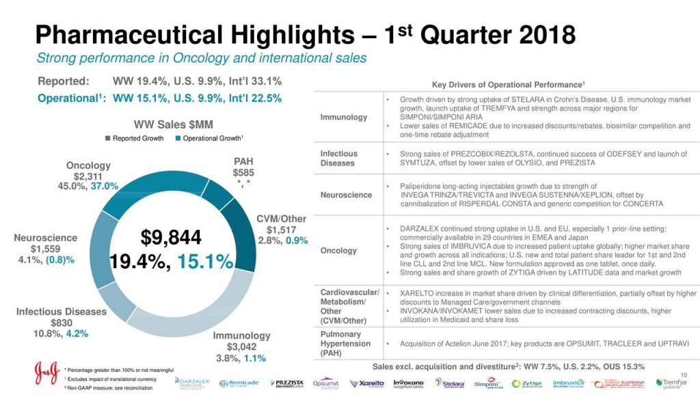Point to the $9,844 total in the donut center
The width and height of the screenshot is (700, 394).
(171, 238)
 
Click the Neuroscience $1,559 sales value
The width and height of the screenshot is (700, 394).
(46, 249)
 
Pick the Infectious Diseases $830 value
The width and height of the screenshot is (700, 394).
(62, 323)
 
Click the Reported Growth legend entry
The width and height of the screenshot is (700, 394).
(134, 138)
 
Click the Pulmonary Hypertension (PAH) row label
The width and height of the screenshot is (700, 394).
(345, 343)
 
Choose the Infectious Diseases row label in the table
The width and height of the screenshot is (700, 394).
(338, 158)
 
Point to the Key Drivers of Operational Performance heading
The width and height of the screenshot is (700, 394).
(508, 84)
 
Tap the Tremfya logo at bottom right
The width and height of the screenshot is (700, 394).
(673, 383)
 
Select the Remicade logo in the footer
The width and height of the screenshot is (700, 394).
(239, 383)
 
